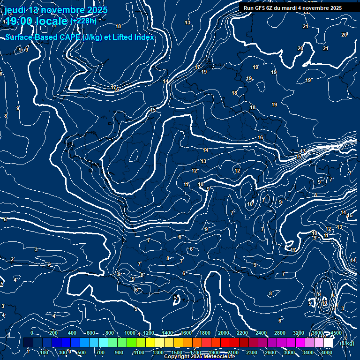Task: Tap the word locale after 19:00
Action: point(52,21)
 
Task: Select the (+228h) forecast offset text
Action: point(84,21)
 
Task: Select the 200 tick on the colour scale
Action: point(53,333)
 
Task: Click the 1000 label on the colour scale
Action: point(130,333)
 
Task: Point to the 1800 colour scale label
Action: point(205,333)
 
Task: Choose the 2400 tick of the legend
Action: point(261,333)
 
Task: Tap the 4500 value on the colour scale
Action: point(336,333)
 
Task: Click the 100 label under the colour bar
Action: point(45,352)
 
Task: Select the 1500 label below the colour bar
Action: point(177,352)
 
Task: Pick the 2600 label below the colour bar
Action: point(270,352)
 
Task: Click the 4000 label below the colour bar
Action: point(327,352)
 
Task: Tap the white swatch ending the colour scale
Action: point(328,342)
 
